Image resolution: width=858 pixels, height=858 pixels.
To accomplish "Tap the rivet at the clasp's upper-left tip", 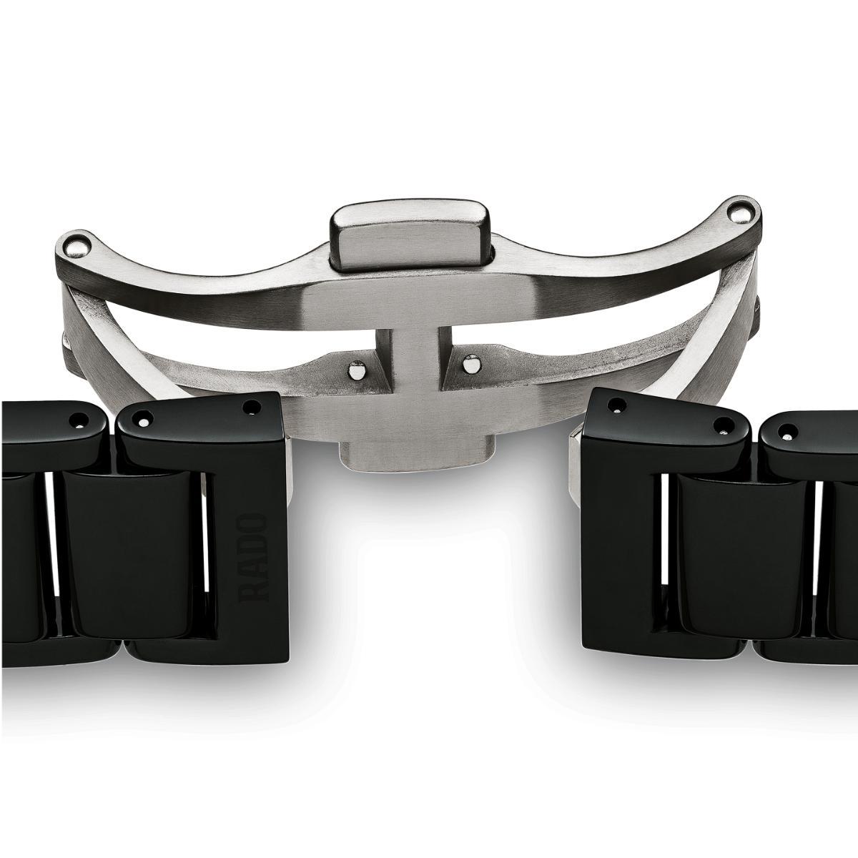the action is (x=77, y=246).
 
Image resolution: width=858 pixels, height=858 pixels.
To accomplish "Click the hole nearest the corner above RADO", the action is (x=252, y=406).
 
